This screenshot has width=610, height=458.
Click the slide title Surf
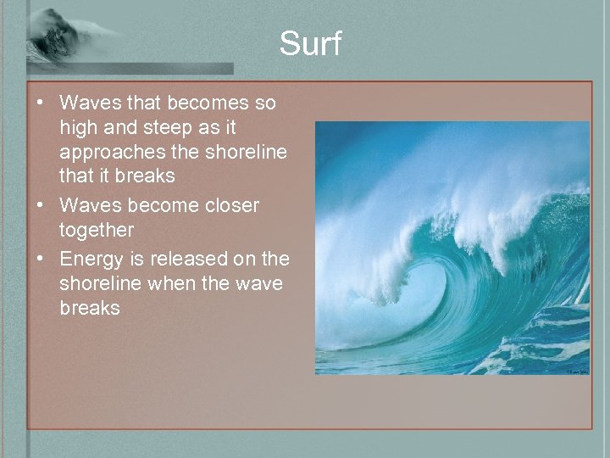coord(310,43)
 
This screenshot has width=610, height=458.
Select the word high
coord(78,127)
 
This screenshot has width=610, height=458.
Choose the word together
coord(97,230)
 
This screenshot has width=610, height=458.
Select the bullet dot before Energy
coord(40,259)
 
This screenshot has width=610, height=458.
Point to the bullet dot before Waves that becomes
coord(40,103)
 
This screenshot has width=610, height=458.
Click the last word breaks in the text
coord(90,307)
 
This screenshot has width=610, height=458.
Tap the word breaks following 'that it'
coord(145,176)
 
